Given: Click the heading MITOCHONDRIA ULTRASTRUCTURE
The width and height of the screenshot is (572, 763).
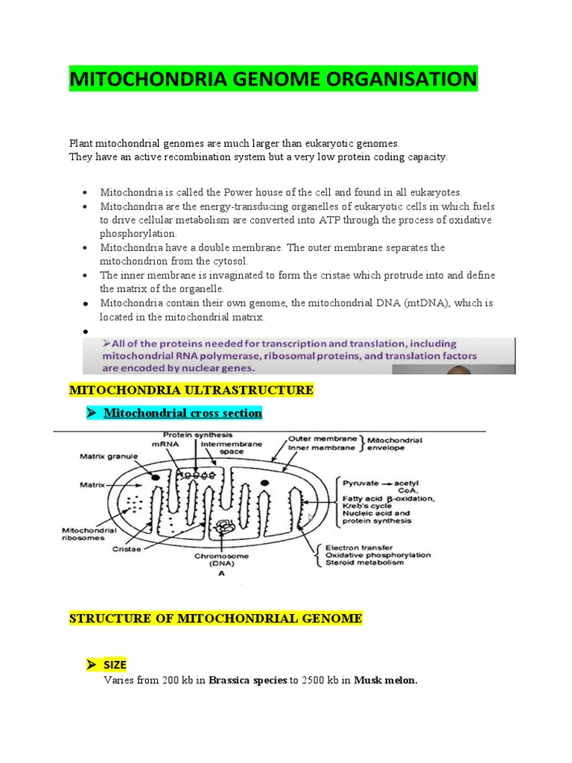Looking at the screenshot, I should (191, 390).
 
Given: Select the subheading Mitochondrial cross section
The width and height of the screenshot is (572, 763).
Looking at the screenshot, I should (182, 413).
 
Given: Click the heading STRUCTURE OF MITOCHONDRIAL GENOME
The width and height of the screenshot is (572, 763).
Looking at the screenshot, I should (215, 618).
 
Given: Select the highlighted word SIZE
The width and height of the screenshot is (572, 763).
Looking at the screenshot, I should (115, 665).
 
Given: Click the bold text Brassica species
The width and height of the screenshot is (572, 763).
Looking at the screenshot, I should (248, 680).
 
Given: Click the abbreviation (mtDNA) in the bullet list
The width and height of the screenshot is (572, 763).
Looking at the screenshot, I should (442, 303).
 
